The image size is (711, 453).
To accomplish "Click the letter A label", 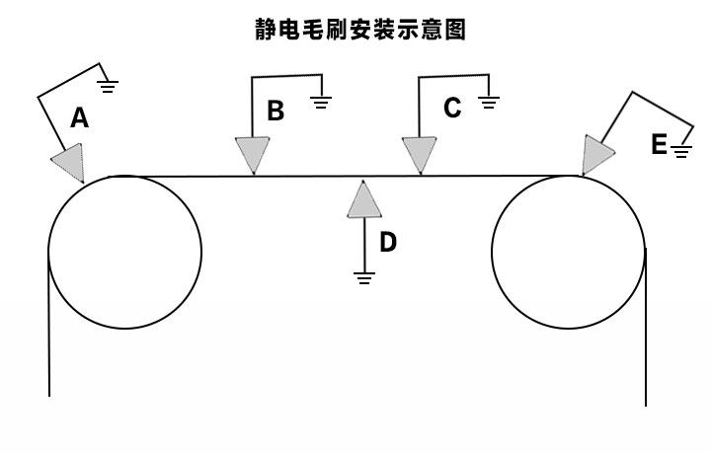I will [x=80, y=118].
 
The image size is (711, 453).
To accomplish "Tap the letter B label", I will [x=276, y=111].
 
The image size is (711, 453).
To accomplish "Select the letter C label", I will [x=452, y=108].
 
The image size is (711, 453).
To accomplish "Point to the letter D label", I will [x=388, y=242].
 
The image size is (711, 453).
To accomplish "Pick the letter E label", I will [x=659, y=145].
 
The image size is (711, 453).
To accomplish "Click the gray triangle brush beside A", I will [x=67, y=161].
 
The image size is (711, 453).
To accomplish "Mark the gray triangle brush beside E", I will [x=596, y=154].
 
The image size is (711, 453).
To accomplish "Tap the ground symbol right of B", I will [x=321, y=101].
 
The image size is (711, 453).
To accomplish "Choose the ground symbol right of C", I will [x=489, y=100].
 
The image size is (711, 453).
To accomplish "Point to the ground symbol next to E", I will [x=681, y=151].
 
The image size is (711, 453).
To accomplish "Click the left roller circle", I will [x=124, y=252].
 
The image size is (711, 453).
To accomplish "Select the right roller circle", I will [x=569, y=252].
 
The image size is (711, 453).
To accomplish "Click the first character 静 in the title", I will [x=266, y=31].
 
